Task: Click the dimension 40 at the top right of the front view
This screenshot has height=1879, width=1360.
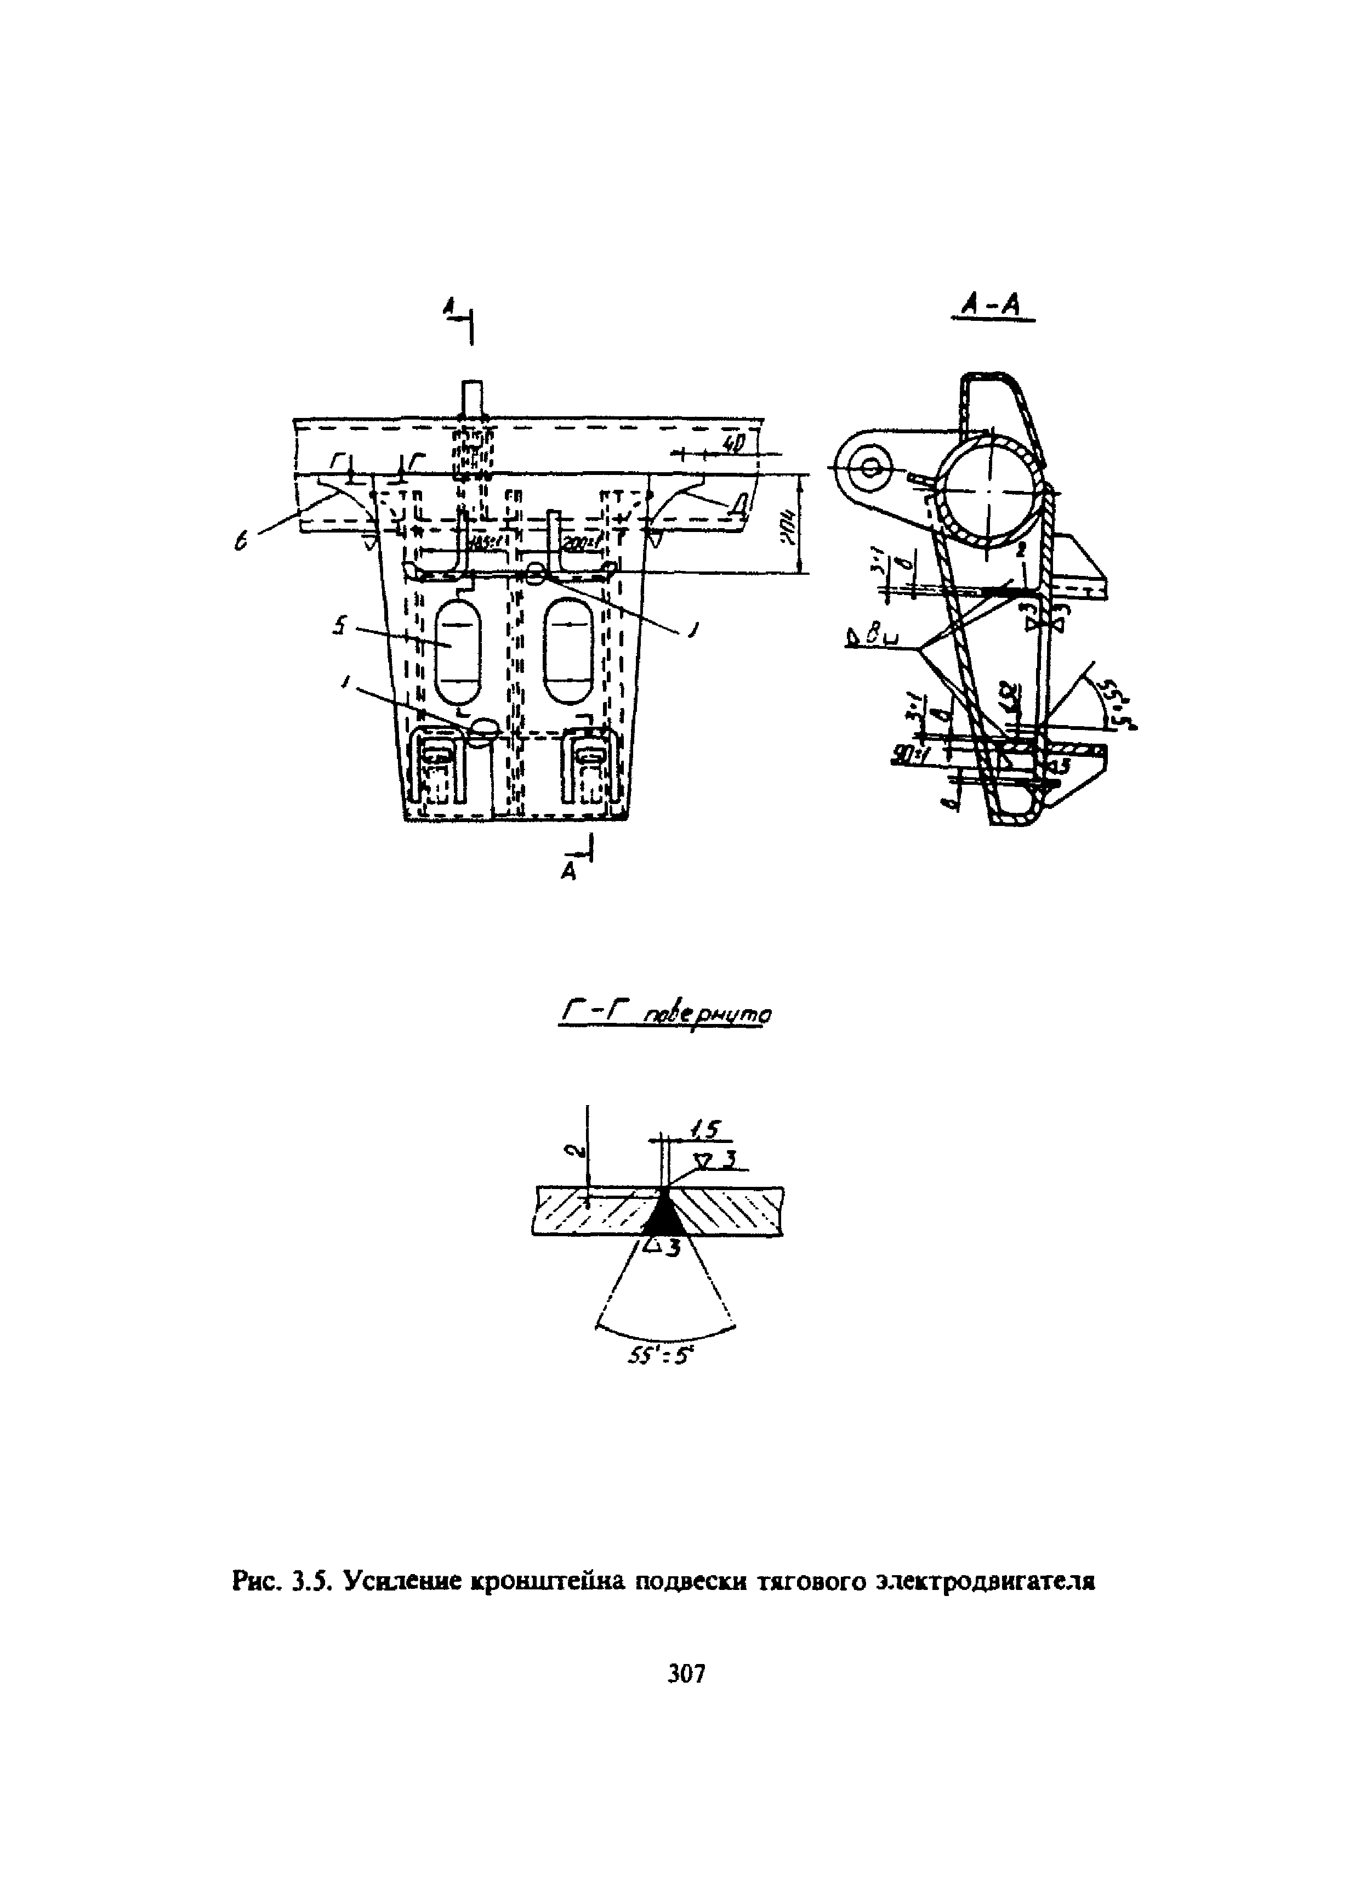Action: [731, 444]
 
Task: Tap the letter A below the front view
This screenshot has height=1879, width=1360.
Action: [568, 871]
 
